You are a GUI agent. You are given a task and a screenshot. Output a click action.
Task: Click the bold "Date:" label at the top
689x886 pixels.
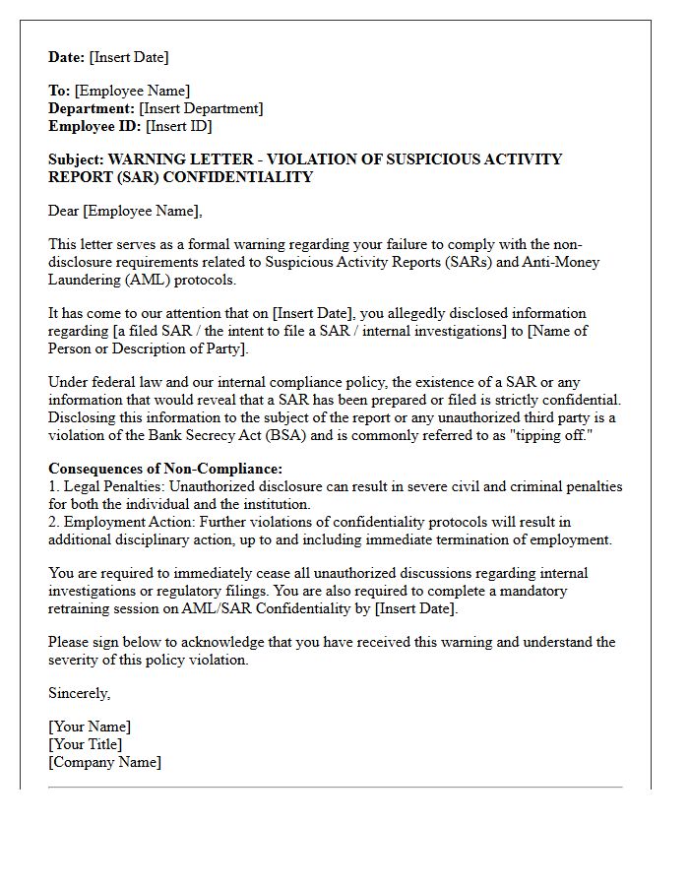tap(67, 57)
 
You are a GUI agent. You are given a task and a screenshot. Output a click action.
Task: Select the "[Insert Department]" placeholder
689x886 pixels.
tap(201, 108)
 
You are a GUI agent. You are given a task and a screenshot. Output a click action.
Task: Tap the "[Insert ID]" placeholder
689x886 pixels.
tap(178, 126)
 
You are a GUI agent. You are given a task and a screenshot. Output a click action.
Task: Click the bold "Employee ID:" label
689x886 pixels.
tap(94, 126)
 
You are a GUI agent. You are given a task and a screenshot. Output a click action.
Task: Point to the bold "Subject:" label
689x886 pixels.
tap(76, 159)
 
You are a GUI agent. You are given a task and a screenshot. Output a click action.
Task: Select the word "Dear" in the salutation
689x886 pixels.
tap(64, 211)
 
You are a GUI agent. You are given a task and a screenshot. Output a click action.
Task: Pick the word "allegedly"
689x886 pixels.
tap(361, 314)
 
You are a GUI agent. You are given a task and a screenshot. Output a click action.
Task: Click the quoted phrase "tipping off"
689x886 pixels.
tap(554, 435)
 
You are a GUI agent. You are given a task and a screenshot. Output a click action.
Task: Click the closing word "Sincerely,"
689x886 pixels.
tap(80, 693)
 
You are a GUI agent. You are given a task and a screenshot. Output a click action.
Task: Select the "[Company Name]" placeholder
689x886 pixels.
tap(104, 762)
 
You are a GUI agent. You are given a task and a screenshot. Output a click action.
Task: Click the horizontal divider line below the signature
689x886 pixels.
tap(335, 788)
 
